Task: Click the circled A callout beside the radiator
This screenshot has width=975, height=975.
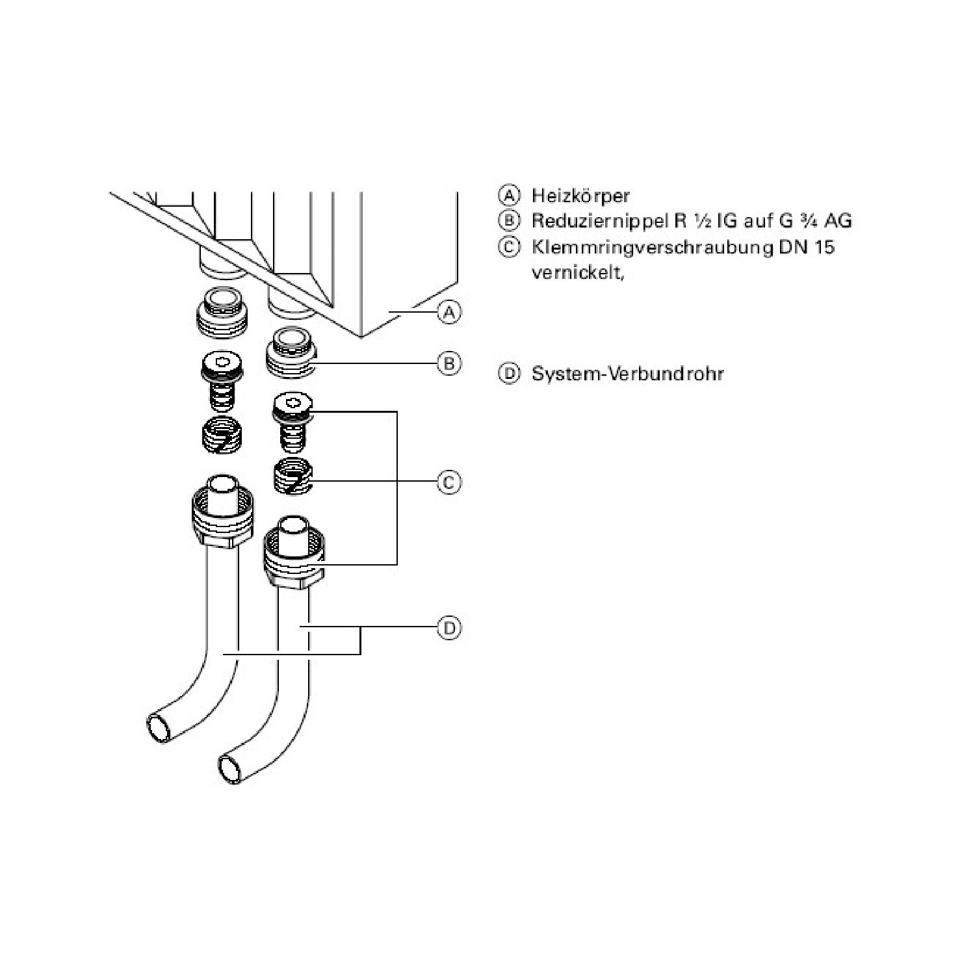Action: pyautogui.click(x=448, y=313)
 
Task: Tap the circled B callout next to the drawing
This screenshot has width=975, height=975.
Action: pyautogui.click(x=448, y=363)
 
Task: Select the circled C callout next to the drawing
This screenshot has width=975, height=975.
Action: pyautogui.click(x=448, y=482)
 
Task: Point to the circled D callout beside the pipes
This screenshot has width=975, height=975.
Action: pyautogui.click(x=448, y=628)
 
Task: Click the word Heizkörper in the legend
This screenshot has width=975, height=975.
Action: pyautogui.click(x=580, y=196)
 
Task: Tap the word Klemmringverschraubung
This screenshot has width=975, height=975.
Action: pyautogui.click(x=650, y=248)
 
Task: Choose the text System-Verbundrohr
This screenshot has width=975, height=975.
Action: pyautogui.click(x=627, y=374)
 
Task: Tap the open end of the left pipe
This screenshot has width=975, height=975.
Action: pyautogui.click(x=159, y=725)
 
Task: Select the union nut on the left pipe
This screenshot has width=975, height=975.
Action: pyautogui.click(x=222, y=519)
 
